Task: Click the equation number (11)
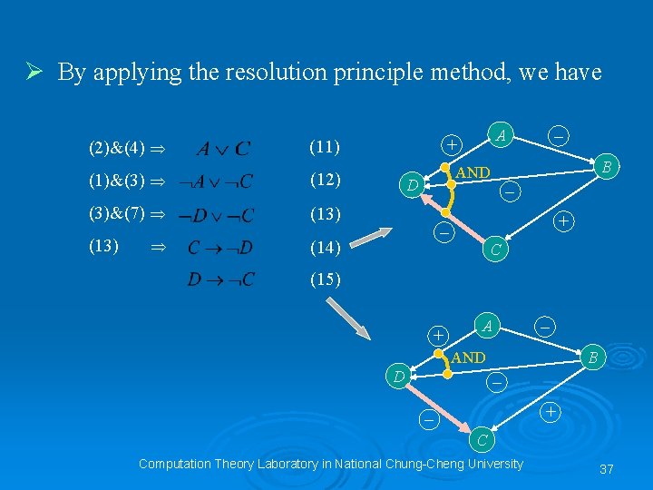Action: [325, 146]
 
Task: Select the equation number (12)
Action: [325, 180]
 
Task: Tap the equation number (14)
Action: [325, 247]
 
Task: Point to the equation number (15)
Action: [325, 279]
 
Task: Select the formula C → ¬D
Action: [220, 247]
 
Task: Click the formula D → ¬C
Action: [220, 279]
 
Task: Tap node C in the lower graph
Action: [483, 441]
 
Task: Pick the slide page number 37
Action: [607, 469]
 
